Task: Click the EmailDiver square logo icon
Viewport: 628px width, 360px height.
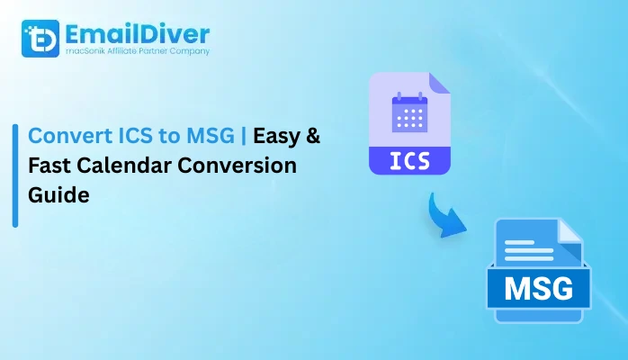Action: [40, 39]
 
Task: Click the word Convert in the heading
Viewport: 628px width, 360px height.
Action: [66, 137]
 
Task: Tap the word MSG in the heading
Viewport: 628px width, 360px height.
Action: [201, 137]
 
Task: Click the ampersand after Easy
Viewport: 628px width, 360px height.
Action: [312, 137]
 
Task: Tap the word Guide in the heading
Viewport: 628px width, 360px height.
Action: [58, 194]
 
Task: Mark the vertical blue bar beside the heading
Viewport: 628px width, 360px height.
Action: [15, 176]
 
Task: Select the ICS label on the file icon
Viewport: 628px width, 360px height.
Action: [409, 161]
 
